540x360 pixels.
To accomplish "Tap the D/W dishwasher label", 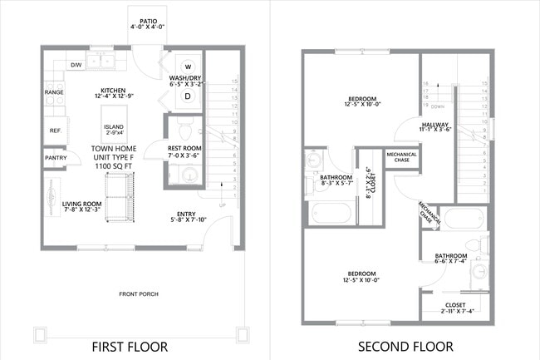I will click(76, 65).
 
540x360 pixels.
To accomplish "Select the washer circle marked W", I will click(188, 67).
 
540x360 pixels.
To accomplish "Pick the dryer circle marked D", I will click(188, 96).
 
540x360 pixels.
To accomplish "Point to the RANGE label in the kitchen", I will click(54, 92).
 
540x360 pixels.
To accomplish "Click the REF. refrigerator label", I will click(55, 131).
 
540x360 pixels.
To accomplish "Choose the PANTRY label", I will click(56, 157).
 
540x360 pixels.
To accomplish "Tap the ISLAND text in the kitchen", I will click(113, 127).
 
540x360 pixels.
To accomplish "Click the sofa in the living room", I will click(120, 203).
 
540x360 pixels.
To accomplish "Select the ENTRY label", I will click(186, 214).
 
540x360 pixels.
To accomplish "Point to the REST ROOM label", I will click(184, 147).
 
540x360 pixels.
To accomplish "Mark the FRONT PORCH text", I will click(138, 293).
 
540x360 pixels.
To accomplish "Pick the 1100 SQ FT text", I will click(114, 167).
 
